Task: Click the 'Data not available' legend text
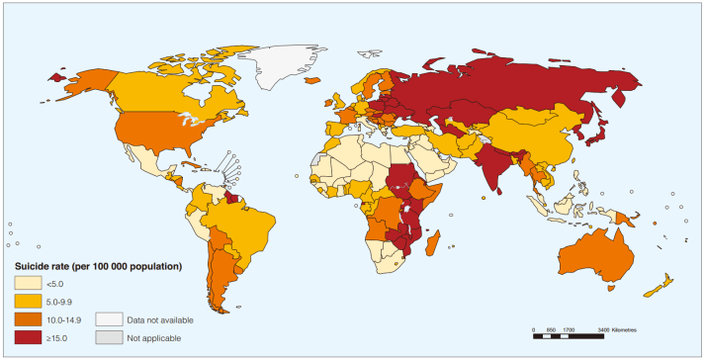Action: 159,319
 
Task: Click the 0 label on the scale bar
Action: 534,329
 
